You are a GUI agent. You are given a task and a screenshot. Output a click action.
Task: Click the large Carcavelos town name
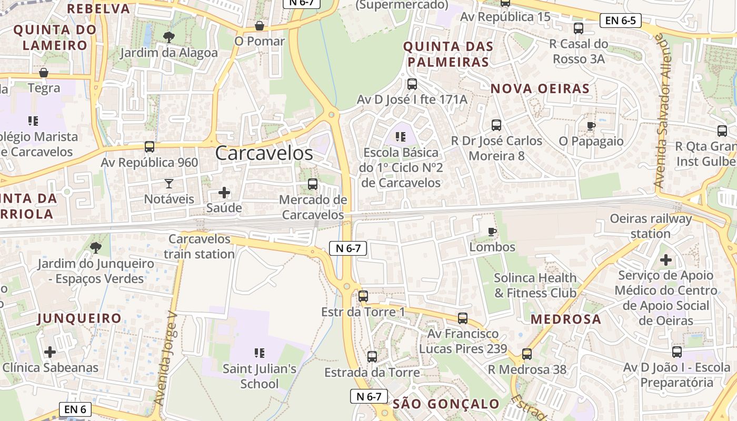tap(264, 153)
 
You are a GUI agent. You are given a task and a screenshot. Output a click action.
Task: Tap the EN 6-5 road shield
tap(620, 21)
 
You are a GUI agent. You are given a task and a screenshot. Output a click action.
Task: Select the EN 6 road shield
tap(75, 409)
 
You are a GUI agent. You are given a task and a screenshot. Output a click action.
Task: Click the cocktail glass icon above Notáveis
tap(168, 183)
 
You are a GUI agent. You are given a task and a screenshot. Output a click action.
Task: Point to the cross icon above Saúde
tap(224, 193)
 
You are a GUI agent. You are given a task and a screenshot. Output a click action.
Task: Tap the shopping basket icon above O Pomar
tap(259, 26)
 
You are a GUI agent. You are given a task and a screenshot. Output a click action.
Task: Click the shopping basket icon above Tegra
tap(44, 72)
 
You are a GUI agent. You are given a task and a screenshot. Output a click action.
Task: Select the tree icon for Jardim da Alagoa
tap(169, 37)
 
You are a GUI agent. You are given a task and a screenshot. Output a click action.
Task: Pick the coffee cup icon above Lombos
tap(492, 232)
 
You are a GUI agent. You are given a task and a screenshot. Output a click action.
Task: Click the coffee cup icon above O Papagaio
tap(591, 126)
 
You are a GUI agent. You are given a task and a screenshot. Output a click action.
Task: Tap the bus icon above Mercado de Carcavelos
tap(313, 184)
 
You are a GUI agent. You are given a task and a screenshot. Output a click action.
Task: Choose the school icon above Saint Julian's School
tap(259, 353)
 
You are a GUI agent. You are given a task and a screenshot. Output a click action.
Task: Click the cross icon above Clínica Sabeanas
tap(50, 352)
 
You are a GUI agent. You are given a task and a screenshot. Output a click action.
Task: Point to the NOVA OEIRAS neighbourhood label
tap(540, 88)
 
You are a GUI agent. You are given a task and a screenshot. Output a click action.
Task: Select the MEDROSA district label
tap(565, 319)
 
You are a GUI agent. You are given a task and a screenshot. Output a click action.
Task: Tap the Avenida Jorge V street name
tap(166, 358)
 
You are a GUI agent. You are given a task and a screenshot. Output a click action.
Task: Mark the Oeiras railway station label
tap(651, 226)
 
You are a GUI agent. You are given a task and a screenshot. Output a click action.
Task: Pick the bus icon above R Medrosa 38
tap(527, 354)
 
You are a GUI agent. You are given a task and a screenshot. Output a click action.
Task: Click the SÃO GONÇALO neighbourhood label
tap(446, 404)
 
